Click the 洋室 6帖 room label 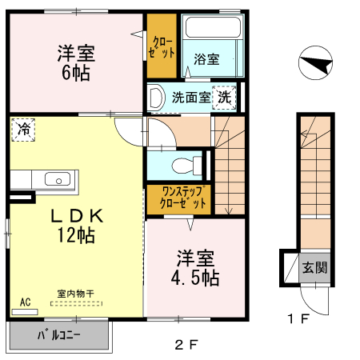click(76, 63)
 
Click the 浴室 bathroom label click(206, 59)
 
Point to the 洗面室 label click(191, 98)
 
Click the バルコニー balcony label click(58, 335)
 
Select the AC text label click(25, 302)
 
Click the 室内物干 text click(75, 294)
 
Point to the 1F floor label click(298, 321)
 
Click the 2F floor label click(186, 345)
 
